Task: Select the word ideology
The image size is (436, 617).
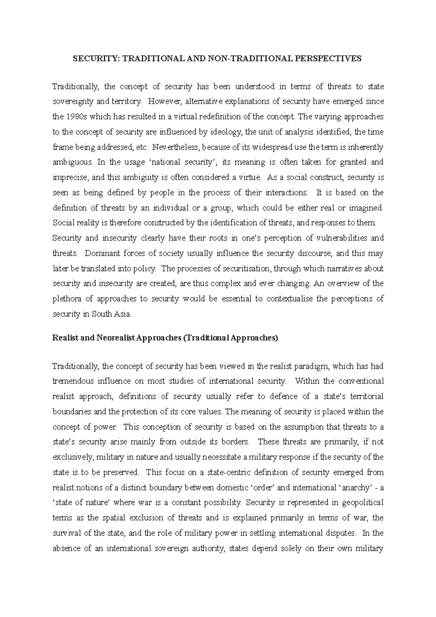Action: coord(225,132)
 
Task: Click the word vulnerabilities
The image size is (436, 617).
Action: coord(337,238)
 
